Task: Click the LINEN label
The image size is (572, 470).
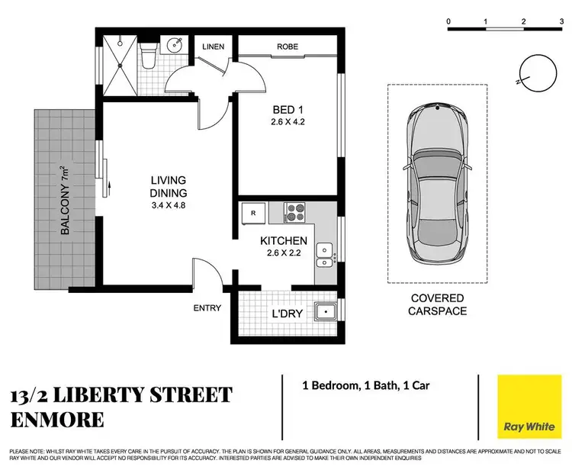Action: pos(213,47)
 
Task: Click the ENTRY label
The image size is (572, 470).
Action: pos(207,308)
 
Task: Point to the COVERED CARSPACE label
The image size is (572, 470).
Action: pos(436,304)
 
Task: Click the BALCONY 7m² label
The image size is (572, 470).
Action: pos(63,200)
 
